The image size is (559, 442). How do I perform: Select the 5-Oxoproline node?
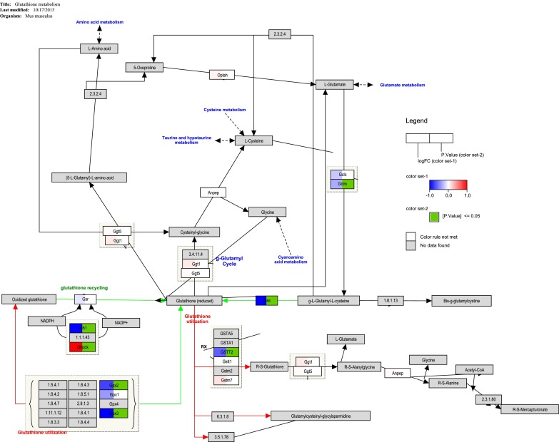tap(145, 68)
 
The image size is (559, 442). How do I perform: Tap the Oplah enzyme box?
tap(222, 74)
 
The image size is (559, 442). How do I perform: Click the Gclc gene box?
tap(341, 174)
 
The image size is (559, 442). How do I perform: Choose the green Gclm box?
tap(341, 184)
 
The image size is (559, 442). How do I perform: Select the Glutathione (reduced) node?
tap(187, 302)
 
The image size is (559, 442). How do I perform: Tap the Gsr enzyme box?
tap(84, 299)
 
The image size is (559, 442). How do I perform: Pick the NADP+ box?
tap(120, 322)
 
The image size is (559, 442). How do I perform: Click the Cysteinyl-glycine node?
tap(194, 232)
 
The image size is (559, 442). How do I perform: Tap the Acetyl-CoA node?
tap(475, 369)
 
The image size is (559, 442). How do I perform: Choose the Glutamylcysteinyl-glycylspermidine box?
tap(321, 416)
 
